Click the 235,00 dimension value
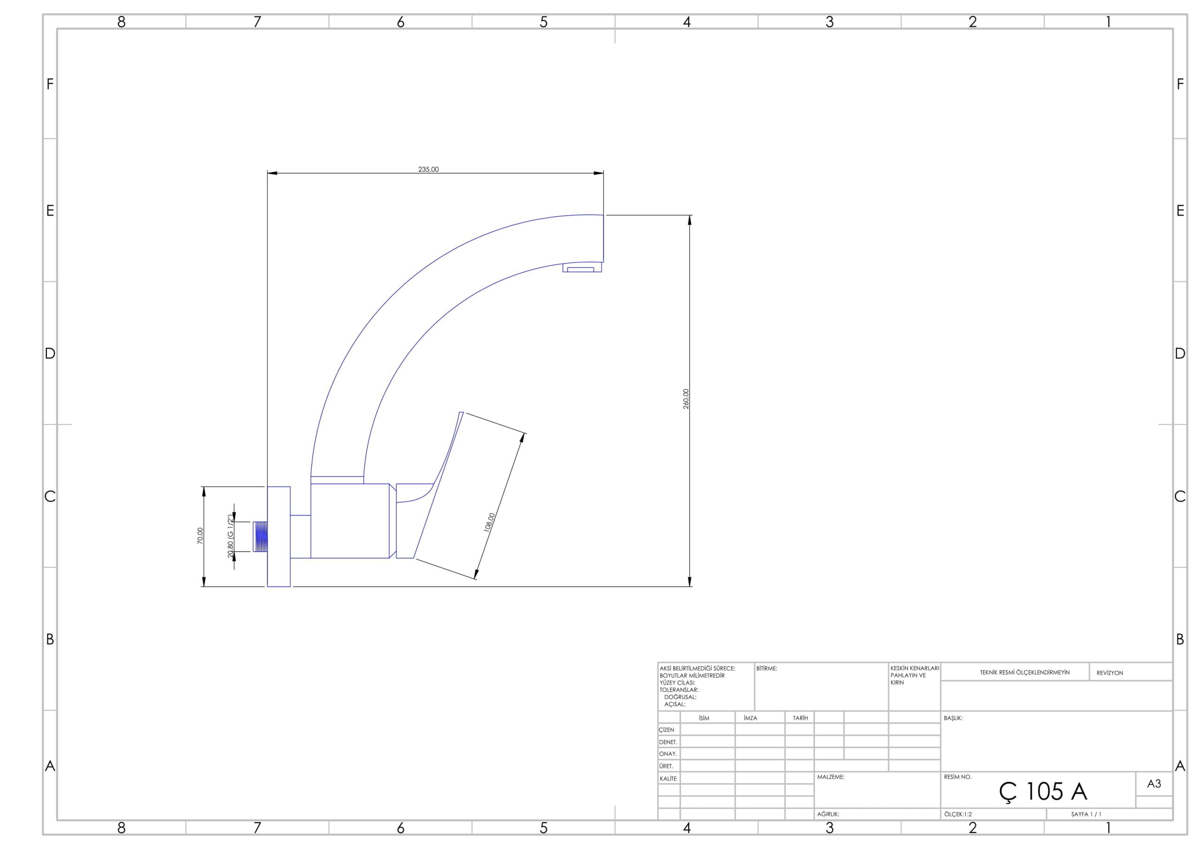click(428, 169)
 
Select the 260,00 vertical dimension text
click(686, 399)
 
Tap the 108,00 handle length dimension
click(489, 523)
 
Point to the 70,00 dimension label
click(200, 536)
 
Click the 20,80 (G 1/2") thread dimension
click(231, 536)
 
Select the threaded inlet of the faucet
click(260, 536)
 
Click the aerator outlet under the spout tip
click(582, 267)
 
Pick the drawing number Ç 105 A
click(1043, 792)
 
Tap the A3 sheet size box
click(1154, 784)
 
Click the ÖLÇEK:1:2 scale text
click(958, 814)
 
